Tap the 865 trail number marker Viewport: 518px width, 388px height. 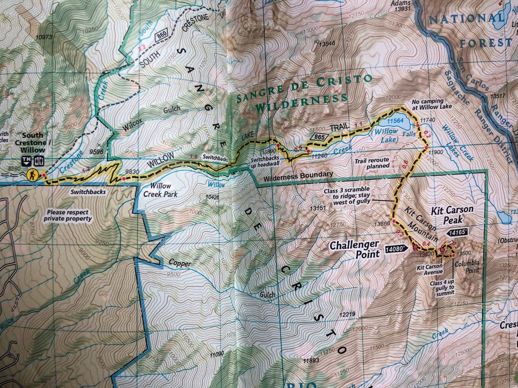tap(319, 137)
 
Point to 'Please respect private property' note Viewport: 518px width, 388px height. tap(68, 216)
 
